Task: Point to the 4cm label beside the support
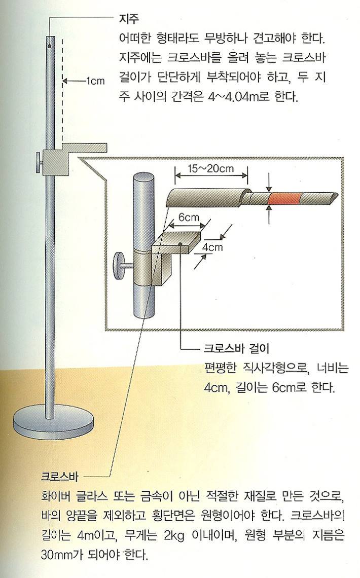click(212, 247)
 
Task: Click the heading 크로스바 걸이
click(235, 348)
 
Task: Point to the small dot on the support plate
click(181, 245)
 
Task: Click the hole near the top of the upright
click(50, 46)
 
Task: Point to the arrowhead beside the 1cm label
click(66, 80)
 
